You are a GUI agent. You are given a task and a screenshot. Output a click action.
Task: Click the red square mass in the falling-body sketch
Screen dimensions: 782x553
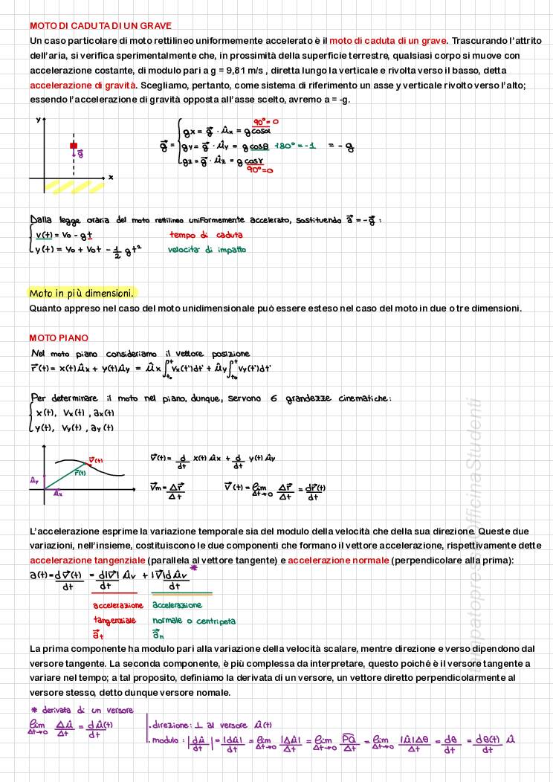pyautogui.click(x=74, y=146)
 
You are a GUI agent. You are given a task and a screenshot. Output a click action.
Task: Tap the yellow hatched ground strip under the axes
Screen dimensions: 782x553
pyautogui.click(x=74, y=187)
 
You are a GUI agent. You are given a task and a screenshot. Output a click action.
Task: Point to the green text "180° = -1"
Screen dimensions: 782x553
pyautogui.click(x=295, y=146)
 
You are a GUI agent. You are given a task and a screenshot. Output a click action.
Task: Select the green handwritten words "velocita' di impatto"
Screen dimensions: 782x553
pyautogui.click(x=207, y=251)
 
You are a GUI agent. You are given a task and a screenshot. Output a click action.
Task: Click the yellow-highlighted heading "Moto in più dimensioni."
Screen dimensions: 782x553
pyautogui.click(x=82, y=293)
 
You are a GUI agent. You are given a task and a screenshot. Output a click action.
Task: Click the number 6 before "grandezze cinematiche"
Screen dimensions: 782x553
pyautogui.click(x=274, y=399)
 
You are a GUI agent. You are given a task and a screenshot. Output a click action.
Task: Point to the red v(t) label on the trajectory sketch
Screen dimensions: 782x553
pyautogui.click(x=95, y=460)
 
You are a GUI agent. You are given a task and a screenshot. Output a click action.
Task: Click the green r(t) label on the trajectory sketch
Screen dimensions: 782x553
pyautogui.click(x=80, y=473)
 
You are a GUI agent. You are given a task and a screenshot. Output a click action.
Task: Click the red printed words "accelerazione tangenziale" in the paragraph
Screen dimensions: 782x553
pyautogui.click(x=88, y=559)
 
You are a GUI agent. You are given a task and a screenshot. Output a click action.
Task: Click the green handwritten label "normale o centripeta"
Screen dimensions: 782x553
pyautogui.click(x=194, y=621)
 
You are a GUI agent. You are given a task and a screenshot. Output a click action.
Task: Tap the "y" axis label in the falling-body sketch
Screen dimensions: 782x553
pyautogui.click(x=37, y=118)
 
